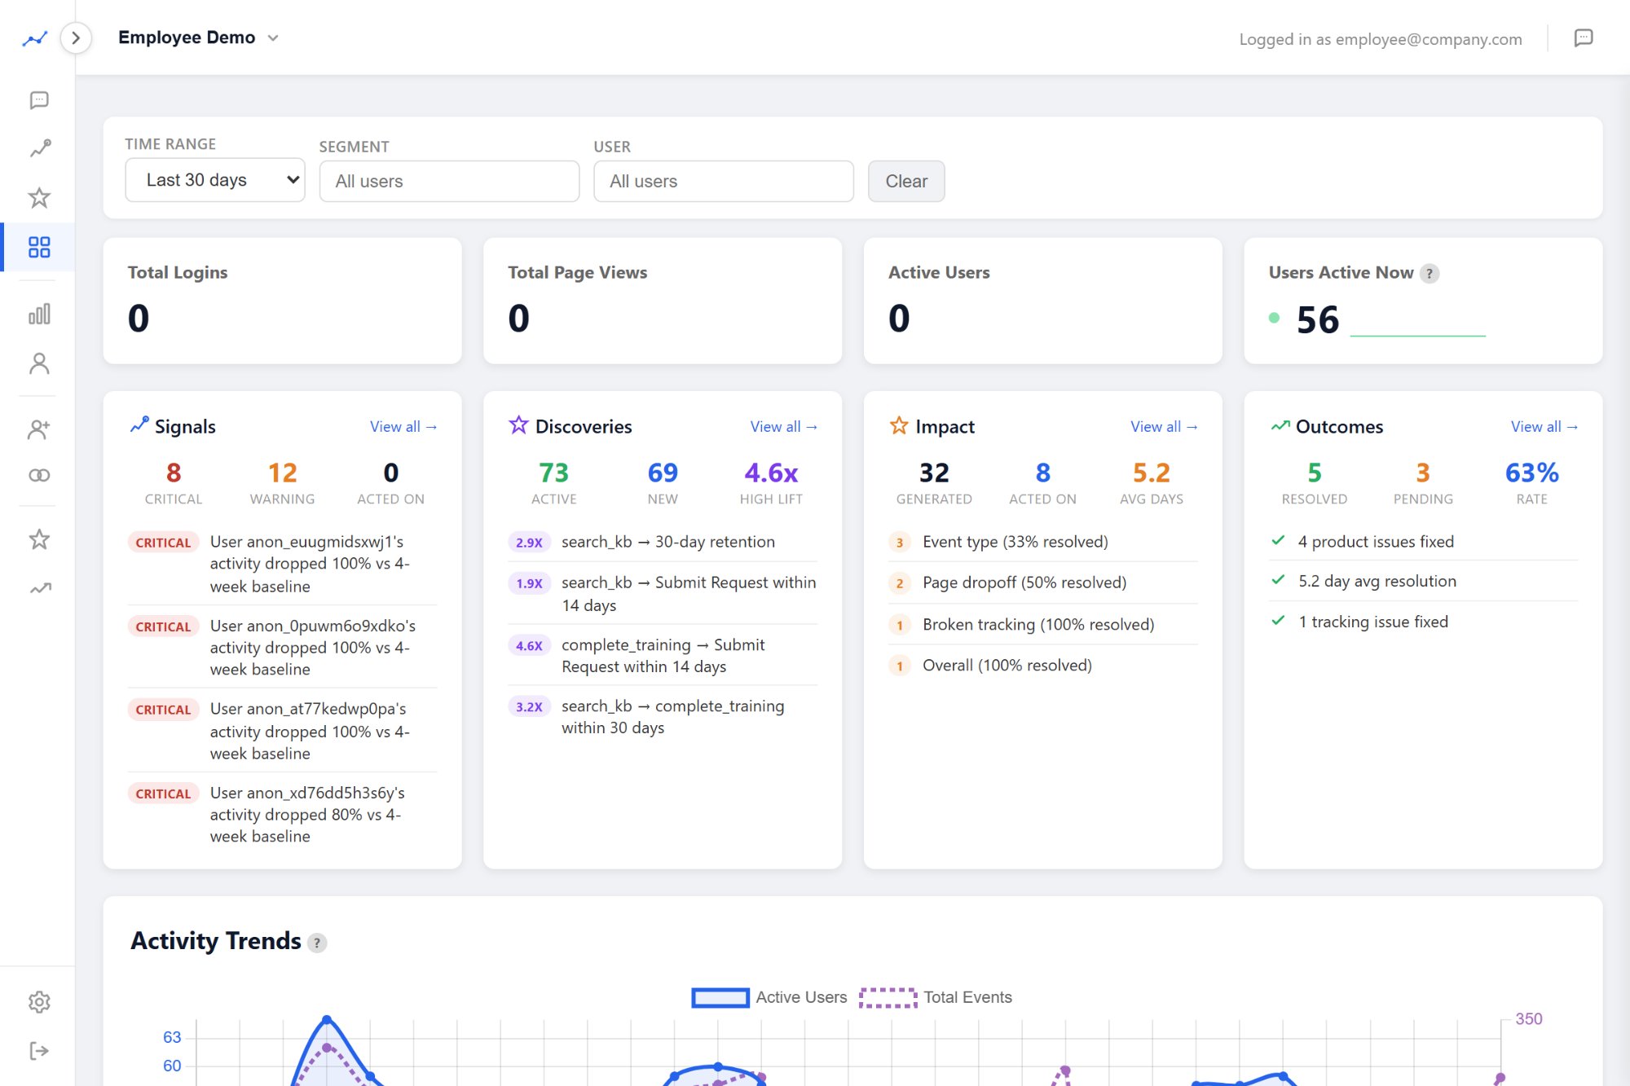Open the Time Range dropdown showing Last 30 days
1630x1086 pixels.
pos(214,180)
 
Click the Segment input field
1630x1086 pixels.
pos(449,181)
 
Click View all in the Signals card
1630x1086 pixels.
pos(403,427)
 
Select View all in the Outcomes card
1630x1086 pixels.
pos(1544,427)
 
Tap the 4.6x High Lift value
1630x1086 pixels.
pos(770,473)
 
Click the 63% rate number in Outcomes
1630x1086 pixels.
pos(1531,473)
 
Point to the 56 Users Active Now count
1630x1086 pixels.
pos(1318,319)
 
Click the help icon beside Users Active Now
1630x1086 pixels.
pos(1430,274)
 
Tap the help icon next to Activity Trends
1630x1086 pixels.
pos(317,943)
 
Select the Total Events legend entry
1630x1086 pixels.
pos(936,997)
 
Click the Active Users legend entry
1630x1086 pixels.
pos(769,997)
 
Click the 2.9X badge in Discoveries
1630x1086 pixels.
pos(529,543)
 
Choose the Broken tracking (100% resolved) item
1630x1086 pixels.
pos(1038,625)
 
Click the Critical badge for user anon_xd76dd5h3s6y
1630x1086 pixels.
pos(163,794)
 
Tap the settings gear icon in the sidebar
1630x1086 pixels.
pos(39,1002)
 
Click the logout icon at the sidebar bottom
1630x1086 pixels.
pos(39,1051)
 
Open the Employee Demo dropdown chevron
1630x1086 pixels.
pos(273,38)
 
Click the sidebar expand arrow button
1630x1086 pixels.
pos(76,38)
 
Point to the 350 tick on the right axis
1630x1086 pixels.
pos(1528,1019)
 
